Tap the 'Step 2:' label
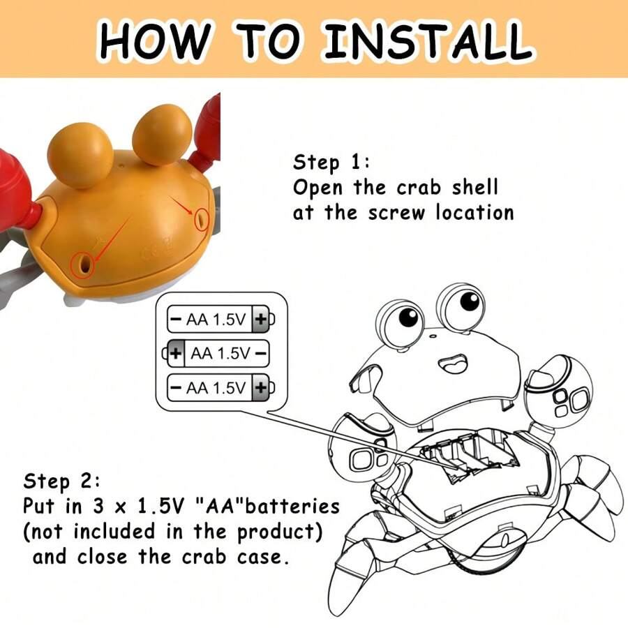61,481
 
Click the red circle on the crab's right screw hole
202,219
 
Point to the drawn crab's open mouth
454,363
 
